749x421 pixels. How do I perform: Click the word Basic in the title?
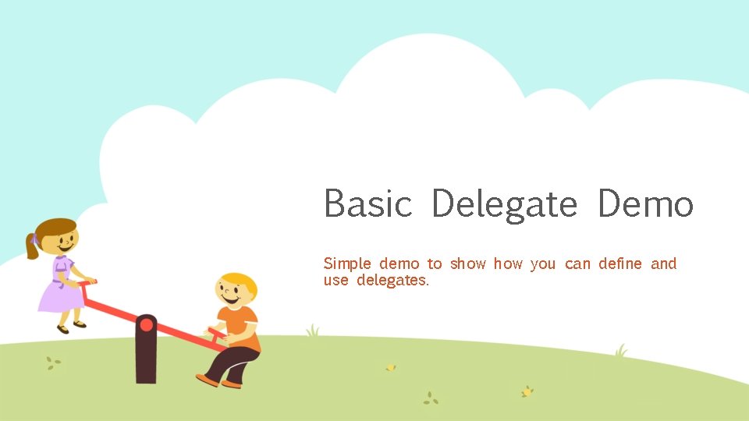tap(367, 204)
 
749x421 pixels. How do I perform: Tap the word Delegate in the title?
tap(504, 205)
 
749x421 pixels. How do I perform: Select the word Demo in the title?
tap(645, 204)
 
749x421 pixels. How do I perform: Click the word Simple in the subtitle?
tap(347, 264)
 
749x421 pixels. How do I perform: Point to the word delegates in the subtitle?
tap(392, 280)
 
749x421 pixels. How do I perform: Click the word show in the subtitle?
tap(467, 264)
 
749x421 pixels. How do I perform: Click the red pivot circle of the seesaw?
tap(146, 325)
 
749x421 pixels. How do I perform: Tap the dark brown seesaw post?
tap(146, 359)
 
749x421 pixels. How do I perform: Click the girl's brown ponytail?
tap(32, 246)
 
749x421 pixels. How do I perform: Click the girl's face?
tap(62, 239)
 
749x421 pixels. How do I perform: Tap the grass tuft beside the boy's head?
tap(313, 331)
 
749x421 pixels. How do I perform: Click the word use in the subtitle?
tap(336, 280)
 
